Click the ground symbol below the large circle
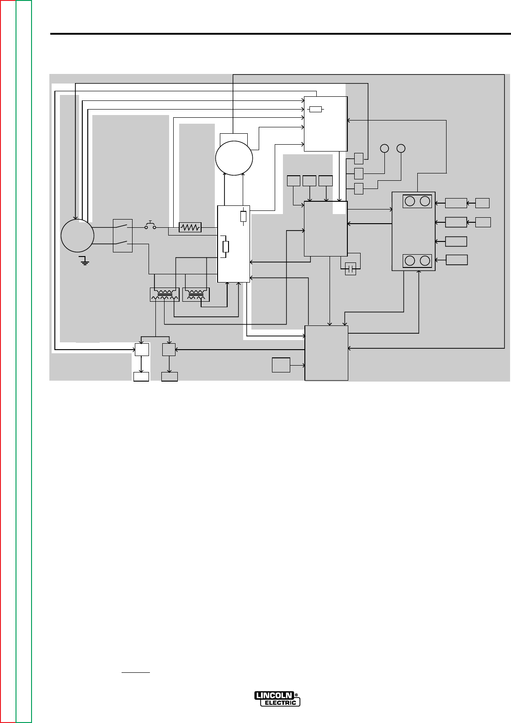pos(83,261)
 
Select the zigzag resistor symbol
pos(190,227)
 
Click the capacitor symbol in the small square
pos(351,269)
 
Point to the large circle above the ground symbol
pos(77,236)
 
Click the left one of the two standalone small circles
pos(384,148)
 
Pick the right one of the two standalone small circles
pos(401,148)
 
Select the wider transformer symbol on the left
pos(165,294)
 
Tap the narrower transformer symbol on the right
pos(196,294)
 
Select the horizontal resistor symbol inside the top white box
pos(316,109)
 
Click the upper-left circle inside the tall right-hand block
pos(410,201)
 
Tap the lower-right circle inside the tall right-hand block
pos(425,261)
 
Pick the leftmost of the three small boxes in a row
pos(293,181)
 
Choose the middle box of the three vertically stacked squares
pos(359,173)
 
